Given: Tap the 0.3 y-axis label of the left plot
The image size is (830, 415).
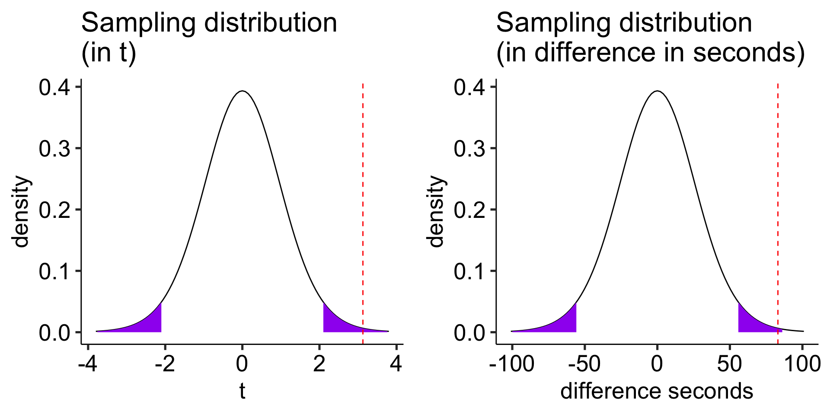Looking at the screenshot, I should pyautogui.click(x=54, y=149).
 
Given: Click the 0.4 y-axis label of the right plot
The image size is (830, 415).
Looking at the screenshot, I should pyautogui.click(x=469, y=88).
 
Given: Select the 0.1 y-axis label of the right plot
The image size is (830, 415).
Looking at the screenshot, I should pyautogui.click(x=469, y=271).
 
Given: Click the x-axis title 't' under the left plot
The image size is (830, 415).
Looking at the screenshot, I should pyautogui.click(x=242, y=391).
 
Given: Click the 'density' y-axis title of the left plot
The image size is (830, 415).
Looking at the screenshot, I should pyautogui.click(x=21, y=211).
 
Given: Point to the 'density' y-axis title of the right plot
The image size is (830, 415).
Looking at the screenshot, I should pyautogui.click(x=436, y=211).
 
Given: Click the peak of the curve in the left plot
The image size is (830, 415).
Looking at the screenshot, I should pyautogui.click(x=243, y=91).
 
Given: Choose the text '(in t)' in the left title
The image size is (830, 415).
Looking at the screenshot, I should pyautogui.click(x=109, y=53).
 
